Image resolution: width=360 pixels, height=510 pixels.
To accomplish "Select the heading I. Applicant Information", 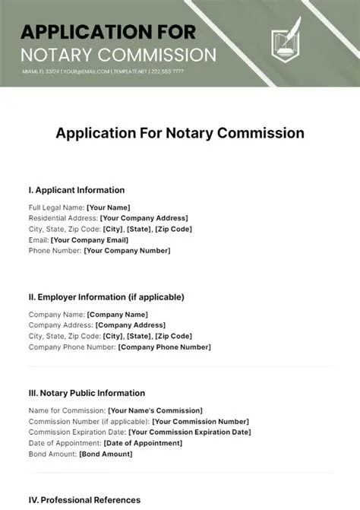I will tap(76, 190).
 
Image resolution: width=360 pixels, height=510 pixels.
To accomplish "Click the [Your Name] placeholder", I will tap(109, 207).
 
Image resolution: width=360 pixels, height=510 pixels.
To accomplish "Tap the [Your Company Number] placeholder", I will tap(127, 250).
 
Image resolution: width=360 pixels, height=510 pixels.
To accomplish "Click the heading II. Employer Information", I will tap(106, 297).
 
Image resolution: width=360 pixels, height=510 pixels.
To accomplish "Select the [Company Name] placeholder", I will tap(118, 315).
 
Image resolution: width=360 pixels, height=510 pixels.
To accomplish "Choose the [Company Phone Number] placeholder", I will tap(165, 347).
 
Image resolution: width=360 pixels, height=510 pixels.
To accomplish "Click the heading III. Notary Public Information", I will tap(87, 394).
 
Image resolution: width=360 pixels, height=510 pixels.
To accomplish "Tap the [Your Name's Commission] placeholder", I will tap(156, 410).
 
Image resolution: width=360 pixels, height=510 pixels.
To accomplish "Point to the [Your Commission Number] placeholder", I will tap(197, 421).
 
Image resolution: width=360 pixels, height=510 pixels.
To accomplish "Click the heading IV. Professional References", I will tap(84, 500).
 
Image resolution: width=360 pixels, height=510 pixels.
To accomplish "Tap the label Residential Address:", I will tap(64, 218).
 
